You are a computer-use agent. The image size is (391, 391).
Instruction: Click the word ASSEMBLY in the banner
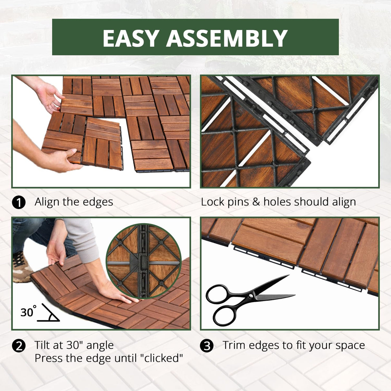click(227, 38)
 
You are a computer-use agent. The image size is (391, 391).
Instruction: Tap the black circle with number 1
click(19, 203)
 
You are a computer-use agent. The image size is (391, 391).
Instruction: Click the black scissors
click(245, 300)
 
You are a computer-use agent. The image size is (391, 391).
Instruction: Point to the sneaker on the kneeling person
click(21, 267)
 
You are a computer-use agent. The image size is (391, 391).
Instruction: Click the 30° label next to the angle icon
click(28, 312)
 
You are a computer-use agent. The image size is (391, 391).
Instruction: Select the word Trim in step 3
click(234, 345)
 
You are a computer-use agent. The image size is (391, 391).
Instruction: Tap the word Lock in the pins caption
click(211, 202)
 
